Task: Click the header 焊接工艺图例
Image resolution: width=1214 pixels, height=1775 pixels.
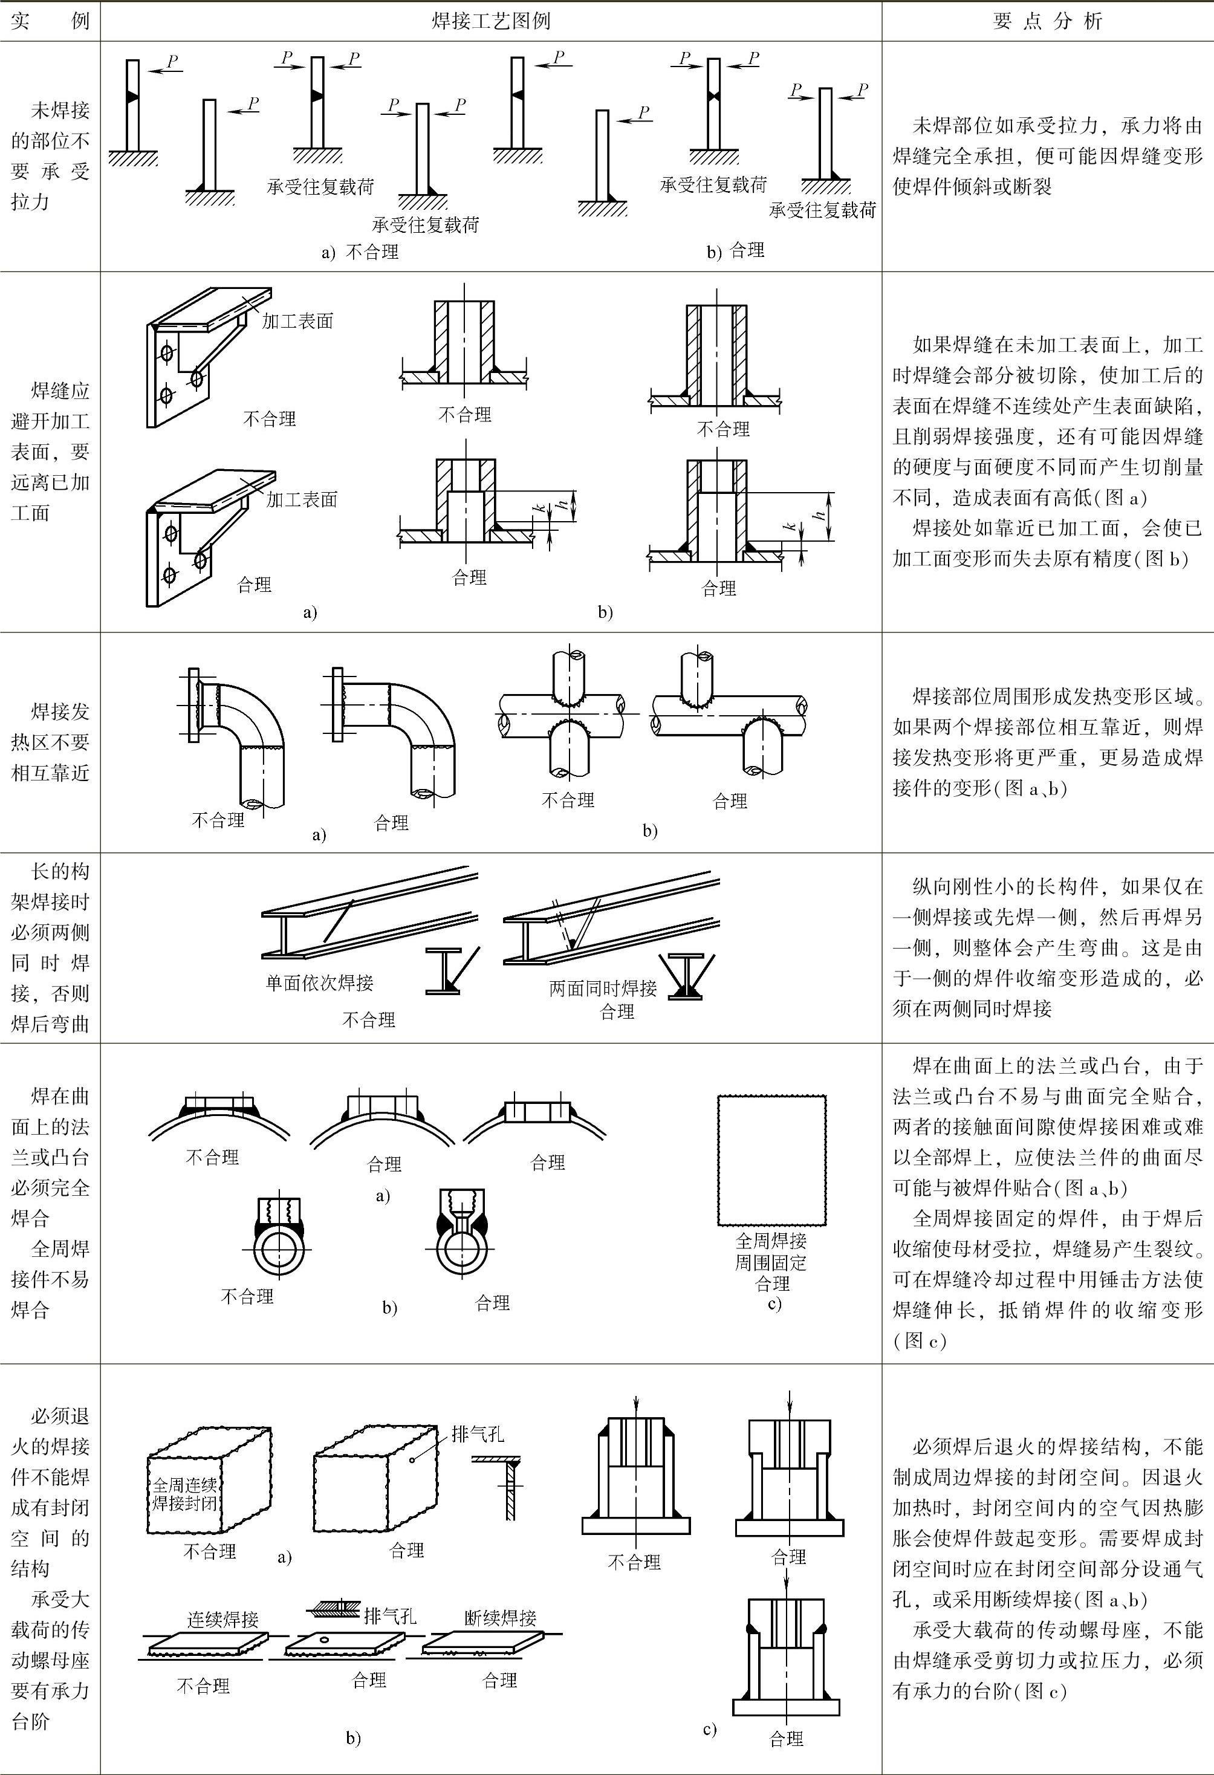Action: coord(490,21)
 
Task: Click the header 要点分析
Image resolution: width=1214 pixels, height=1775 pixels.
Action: coord(1048,21)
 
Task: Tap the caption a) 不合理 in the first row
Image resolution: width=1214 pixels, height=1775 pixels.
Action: coord(360,252)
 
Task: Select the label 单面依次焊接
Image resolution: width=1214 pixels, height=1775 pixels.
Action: coord(319,983)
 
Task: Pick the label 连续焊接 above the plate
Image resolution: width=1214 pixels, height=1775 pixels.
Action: coord(223,1618)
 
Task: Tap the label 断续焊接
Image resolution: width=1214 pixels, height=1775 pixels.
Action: coord(501,1617)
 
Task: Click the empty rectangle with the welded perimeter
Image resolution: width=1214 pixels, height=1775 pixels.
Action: coord(771,1160)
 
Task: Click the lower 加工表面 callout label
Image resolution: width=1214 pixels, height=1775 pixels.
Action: coord(302,500)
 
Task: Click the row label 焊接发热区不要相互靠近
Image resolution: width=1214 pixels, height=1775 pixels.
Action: coord(50,742)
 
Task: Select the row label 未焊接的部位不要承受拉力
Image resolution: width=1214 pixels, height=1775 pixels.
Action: coord(50,156)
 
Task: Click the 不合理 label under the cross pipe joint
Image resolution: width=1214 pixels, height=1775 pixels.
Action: coord(568,800)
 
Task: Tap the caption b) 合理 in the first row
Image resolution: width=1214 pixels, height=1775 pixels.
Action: coord(735,250)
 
